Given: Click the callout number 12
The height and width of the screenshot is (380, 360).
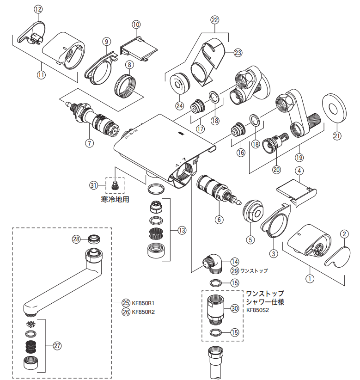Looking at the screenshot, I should (38, 9).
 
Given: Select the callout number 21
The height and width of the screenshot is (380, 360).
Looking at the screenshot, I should (336, 135).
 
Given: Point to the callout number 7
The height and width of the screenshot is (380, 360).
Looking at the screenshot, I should (89, 143).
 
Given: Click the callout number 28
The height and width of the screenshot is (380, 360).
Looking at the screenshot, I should (77, 239).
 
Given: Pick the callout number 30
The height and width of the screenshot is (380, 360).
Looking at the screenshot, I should (234, 308).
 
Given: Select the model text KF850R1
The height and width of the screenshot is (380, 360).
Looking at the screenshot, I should (143, 303).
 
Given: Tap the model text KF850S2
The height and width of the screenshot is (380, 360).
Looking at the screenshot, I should (257, 310).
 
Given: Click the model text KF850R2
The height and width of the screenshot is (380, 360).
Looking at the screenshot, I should (143, 312).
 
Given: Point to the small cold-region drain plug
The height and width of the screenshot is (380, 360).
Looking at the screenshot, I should (115, 186).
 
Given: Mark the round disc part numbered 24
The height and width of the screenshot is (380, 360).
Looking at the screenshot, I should (177, 84).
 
